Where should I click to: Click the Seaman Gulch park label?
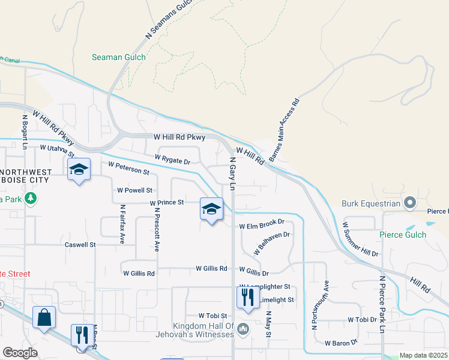[118, 58]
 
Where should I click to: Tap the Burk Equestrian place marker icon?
[410, 202]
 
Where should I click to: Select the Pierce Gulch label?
[403, 235]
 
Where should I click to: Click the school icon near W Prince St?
[211, 209]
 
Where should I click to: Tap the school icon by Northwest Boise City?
[79, 170]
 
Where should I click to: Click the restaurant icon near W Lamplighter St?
[247, 297]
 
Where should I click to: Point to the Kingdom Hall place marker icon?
[243, 328]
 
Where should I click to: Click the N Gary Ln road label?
[232, 173]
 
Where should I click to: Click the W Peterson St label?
[128, 167]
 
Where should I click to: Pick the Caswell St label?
[80, 245]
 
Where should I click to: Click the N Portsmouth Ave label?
[320, 305]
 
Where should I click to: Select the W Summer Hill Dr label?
[360, 239]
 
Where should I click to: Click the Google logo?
[20, 353]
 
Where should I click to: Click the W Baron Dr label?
[341, 343]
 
